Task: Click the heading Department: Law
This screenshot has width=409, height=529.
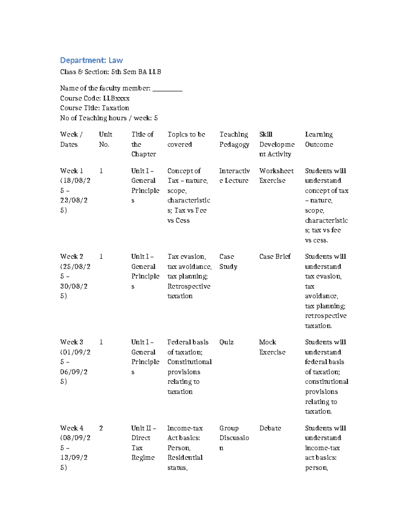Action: click(x=91, y=60)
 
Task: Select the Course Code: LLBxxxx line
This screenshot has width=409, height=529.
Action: click(x=95, y=98)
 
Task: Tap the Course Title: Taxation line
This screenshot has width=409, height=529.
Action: click(x=94, y=108)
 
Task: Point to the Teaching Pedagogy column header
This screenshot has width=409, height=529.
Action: click(x=234, y=139)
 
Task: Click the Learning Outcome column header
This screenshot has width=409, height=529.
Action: click(x=319, y=139)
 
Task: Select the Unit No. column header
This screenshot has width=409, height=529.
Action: click(x=105, y=139)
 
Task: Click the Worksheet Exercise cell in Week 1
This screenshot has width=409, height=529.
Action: click(x=276, y=175)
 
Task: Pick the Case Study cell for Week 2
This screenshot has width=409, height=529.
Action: click(x=228, y=261)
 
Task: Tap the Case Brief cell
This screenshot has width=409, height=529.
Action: click(x=275, y=256)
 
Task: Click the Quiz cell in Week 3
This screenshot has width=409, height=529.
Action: click(x=226, y=342)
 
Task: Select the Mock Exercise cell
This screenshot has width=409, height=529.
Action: click(x=272, y=347)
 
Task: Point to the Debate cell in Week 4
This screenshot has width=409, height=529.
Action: click(x=270, y=428)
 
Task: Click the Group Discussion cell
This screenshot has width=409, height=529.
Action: click(x=234, y=438)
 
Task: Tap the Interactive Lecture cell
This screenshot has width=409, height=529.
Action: click(x=234, y=175)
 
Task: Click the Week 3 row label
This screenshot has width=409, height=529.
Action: click(x=72, y=342)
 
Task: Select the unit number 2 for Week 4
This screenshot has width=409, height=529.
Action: click(x=101, y=428)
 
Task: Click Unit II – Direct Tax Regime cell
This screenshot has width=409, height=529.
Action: click(x=143, y=442)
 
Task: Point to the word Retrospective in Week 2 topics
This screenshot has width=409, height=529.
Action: click(x=188, y=286)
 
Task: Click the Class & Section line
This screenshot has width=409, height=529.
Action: click(x=110, y=72)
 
